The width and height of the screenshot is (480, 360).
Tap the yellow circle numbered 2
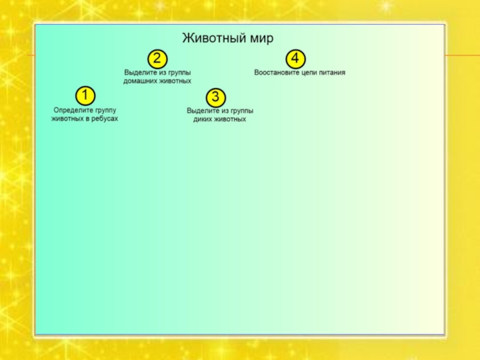[157, 58]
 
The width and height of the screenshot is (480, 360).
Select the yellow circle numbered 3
[216, 97]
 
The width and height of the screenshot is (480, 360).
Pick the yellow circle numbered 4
[295, 58]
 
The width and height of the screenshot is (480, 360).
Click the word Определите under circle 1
[72, 110]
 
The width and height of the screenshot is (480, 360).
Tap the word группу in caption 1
[104, 110]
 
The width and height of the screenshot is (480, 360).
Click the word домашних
[142, 80]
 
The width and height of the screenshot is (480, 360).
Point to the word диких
[204, 119]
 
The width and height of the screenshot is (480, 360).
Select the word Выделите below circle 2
[140, 72]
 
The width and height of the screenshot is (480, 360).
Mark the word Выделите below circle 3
[202, 111]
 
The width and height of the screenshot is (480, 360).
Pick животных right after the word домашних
[176, 80]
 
